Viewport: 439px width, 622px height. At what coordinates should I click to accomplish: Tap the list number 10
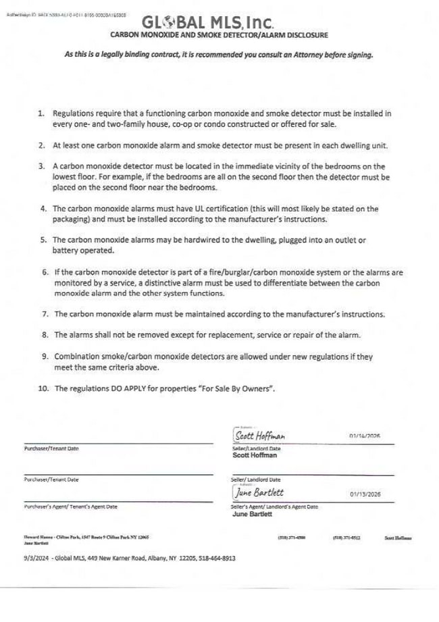click(43, 388)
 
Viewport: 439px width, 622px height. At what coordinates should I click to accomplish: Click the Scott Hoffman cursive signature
click(261, 436)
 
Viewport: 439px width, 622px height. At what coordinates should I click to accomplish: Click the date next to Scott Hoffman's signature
click(365, 436)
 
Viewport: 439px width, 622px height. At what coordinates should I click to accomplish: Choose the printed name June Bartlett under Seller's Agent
click(252, 513)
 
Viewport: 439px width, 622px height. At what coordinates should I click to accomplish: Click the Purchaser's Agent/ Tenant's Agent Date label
click(70, 506)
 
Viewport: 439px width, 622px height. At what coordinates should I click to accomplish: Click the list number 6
click(44, 273)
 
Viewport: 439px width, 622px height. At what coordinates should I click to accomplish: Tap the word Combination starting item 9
click(78, 356)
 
